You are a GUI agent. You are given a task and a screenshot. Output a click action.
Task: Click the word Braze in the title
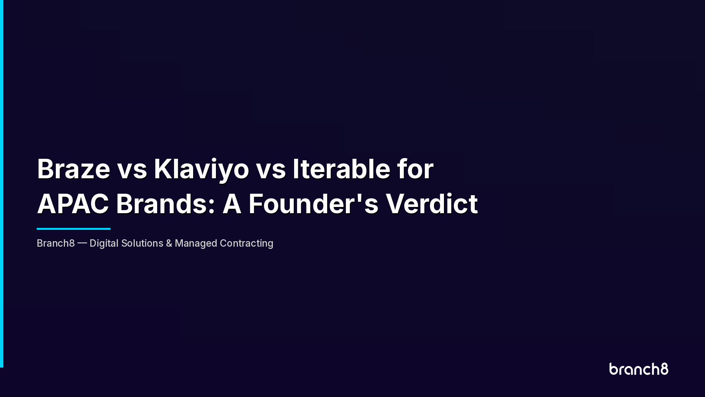(x=73, y=169)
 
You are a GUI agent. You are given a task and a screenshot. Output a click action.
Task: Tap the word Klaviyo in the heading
(x=201, y=169)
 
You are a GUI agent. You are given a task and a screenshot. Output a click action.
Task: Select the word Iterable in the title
(x=341, y=169)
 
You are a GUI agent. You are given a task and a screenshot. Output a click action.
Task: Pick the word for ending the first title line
(x=415, y=169)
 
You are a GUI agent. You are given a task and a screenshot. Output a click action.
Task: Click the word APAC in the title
(x=73, y=204)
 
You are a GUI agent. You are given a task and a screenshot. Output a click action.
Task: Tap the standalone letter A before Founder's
(x=232, y=204)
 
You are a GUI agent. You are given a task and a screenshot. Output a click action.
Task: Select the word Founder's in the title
(x=313, y=204)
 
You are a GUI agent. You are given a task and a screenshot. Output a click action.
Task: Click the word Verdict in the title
(x=431, y=204)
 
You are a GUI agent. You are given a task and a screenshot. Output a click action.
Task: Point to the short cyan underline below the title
(x=73, y=229)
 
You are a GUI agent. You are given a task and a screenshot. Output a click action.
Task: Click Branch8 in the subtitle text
(x=55, y=243)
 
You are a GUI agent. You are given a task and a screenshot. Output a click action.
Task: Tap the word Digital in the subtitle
(x=104, y=243)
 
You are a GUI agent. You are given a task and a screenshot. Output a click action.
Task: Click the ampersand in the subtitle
(x=169, y=243)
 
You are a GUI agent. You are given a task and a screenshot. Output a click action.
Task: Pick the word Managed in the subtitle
(x=196, y=243)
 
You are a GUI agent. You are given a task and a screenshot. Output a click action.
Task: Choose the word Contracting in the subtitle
(x=246, y=243)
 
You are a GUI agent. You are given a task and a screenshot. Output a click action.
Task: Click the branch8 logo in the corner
(x=639, y=369)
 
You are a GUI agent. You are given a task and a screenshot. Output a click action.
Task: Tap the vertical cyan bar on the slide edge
(x=1, y=184)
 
